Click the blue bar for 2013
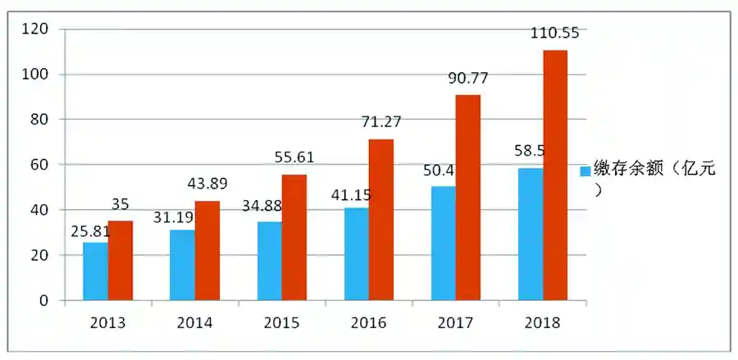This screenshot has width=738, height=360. tap(95, 271)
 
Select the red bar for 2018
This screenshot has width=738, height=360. tap(554, 175)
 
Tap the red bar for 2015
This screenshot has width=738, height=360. tap(294, 238)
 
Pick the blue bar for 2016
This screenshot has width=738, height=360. tap(357, 254)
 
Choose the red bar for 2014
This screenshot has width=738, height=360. tap(207, 251)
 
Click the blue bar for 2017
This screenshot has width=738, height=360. tap(444, 244)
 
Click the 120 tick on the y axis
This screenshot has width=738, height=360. tap(37, 30)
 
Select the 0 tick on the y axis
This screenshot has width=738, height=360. tap(44, 301)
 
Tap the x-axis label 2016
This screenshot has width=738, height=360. tap(368, 322)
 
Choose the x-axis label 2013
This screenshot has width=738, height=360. tap(107, 322)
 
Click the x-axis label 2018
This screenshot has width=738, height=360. tap(542, 322)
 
